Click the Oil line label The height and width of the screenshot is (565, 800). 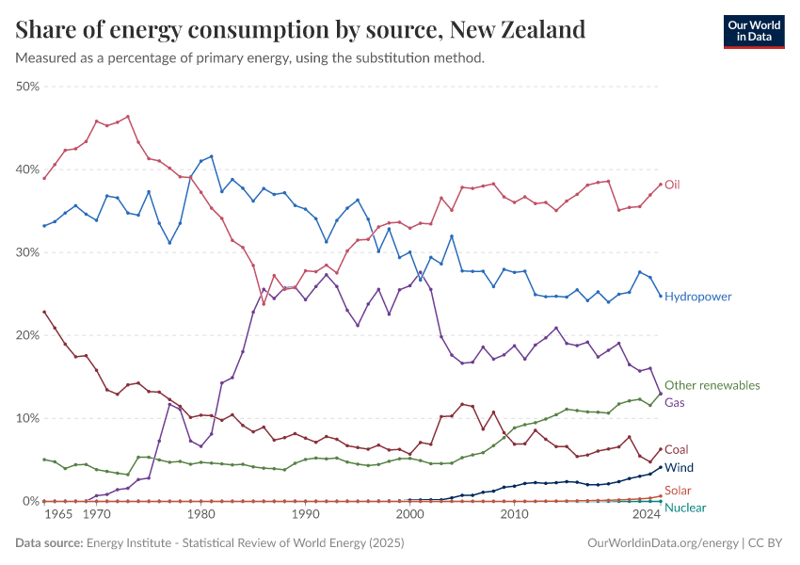click(x=672, y=185)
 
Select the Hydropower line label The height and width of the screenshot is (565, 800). click(x=697, y=297)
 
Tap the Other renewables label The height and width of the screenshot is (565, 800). click(x=712, y=385)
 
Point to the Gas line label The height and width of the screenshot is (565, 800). click(x=675, y=402)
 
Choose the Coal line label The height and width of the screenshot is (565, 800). click(x=677, y=450)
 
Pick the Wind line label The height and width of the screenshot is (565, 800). click(x=679, y=467)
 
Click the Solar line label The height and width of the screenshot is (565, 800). click(x=678, y=491)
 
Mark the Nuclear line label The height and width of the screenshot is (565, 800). click(x=684, y=508)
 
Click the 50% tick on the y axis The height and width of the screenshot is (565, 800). click(x=27, y=87)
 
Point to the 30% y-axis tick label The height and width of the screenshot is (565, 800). click(x=27, y=252)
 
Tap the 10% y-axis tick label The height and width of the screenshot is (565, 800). click(x=27, y=418)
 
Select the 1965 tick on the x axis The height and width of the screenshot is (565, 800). click(x=58, y=516)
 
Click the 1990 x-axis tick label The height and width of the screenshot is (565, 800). click(x=304, y=516)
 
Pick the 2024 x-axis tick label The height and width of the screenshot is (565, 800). click(x=647, y=516)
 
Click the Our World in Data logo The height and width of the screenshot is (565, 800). click(x=754, y=31)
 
